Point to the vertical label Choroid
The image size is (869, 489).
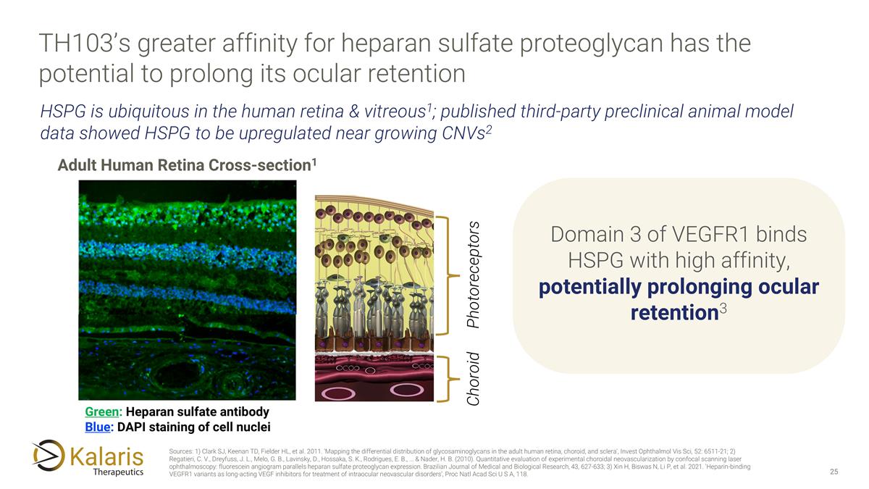[x=474, y=378]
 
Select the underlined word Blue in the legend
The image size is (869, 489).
[x=98, y=427]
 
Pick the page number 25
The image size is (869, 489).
[x=834, y=472]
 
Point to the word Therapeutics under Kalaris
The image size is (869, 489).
[x=118, y=472]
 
